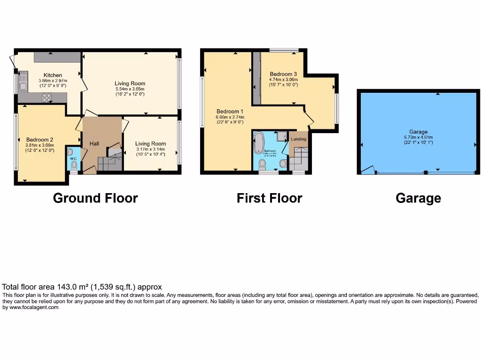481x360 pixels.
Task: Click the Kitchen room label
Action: (x=53, y=75)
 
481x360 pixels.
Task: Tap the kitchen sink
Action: (x=23, y=82)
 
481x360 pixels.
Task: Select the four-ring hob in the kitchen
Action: (x=47, y=97)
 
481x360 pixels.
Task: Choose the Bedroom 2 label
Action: (x=39, y=139)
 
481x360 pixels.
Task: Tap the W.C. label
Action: (x=73, y=158)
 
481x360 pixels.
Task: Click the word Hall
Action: (x=94, y=143)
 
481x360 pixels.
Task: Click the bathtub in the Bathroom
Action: (x=259, y=142)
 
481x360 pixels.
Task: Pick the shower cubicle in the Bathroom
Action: (x=282, y=136)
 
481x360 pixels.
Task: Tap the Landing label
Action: (x=298, y=139)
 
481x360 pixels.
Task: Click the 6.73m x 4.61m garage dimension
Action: (x=418, y=137)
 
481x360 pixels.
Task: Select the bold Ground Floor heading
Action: (x=95, y=198)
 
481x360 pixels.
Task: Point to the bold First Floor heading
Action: (x=269, y=198)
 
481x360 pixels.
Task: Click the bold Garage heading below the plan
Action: (x=418, y=198)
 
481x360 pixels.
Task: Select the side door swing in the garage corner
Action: (x=369, y=169)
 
